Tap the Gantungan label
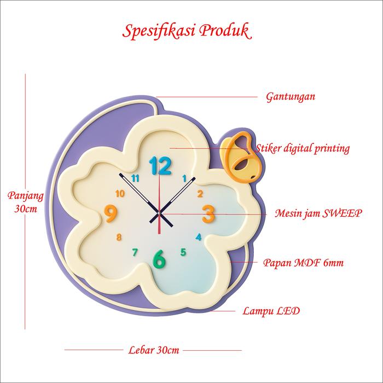(x=291, y=97)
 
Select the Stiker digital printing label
(x=303, y=148)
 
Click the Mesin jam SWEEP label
(x=318, y=213)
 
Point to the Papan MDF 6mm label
(x=304, y=263)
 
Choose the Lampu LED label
(x=271, y=311)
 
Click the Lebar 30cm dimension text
(x=154, y=350)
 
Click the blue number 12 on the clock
(x=160, y=165)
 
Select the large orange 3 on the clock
(x=208, y=214)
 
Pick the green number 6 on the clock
(x=159, y=259)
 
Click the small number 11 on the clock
(x=136, y=178)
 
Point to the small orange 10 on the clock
(x=120, y=193)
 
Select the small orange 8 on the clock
(x=119, y=237)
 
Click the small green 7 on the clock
(x=135, y=252)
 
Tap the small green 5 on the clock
(x=183, y=252)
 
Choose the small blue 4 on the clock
(x=199, y=237)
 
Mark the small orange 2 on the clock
(x=200, y=193)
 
